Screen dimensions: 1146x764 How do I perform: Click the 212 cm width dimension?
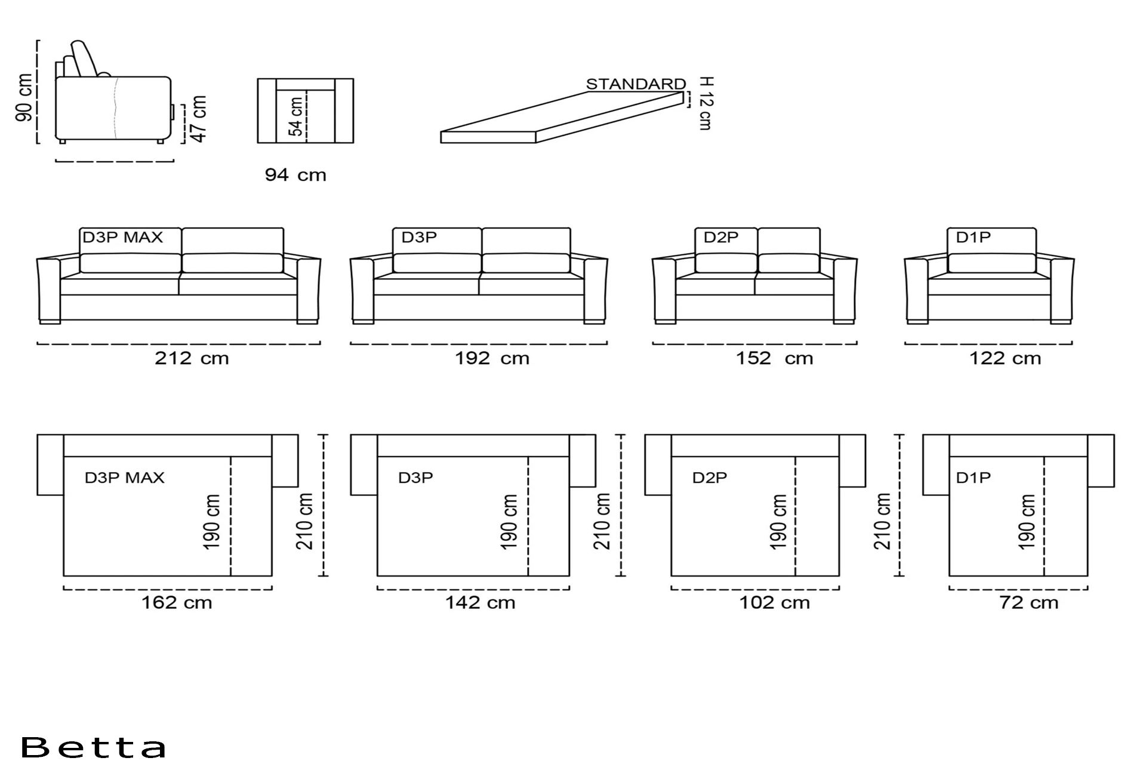pyautogui.click(x=192, y=358)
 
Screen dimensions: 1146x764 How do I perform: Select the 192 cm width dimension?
pyautogui.click(x=492, y=358)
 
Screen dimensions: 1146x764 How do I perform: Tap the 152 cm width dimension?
pyautogui.click(x=774, y=358)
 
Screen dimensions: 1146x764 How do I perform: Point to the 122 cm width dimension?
pyautogui.click(x=1005, y=358)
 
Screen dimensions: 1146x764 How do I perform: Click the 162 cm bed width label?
pyautogui.click(x=177, y=602)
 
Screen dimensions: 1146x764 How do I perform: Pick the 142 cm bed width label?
pyautogui.click(x=480, y=602)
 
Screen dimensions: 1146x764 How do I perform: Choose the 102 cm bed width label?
pyautogui.click(x=775, y=602)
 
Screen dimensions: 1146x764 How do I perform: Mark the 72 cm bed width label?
pyautogui.click(x=1029, y=602)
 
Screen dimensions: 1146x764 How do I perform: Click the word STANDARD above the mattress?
pyautogui.click(x=636, y=84)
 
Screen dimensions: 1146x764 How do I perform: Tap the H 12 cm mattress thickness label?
pyautogui.click(x=706, y=103)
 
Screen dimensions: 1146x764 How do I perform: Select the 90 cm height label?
pyautogui.click(x=24, y=98)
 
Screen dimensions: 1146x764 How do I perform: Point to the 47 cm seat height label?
pyautogui.click(x=199, y=119)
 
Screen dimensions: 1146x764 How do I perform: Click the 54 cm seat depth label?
pyautogui.click(x=296, y=117)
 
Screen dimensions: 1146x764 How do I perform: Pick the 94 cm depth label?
pyautogui.click(x=295, y=175)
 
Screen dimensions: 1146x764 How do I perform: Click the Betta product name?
pyautogui.click(x=93, y=747)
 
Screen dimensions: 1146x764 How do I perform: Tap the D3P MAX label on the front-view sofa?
pyautogui.click(x=122, y=238)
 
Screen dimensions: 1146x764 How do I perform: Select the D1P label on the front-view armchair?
pyautogui.click(x=973, y=238)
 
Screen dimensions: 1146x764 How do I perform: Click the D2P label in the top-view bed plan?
pyautogui.click(x=710, y=478)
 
